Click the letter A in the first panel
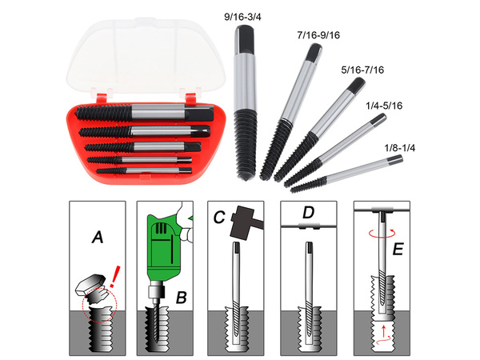(97, 237)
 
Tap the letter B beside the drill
(181, 298)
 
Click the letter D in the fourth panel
(308, 213)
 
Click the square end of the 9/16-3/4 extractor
(242, 35)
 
